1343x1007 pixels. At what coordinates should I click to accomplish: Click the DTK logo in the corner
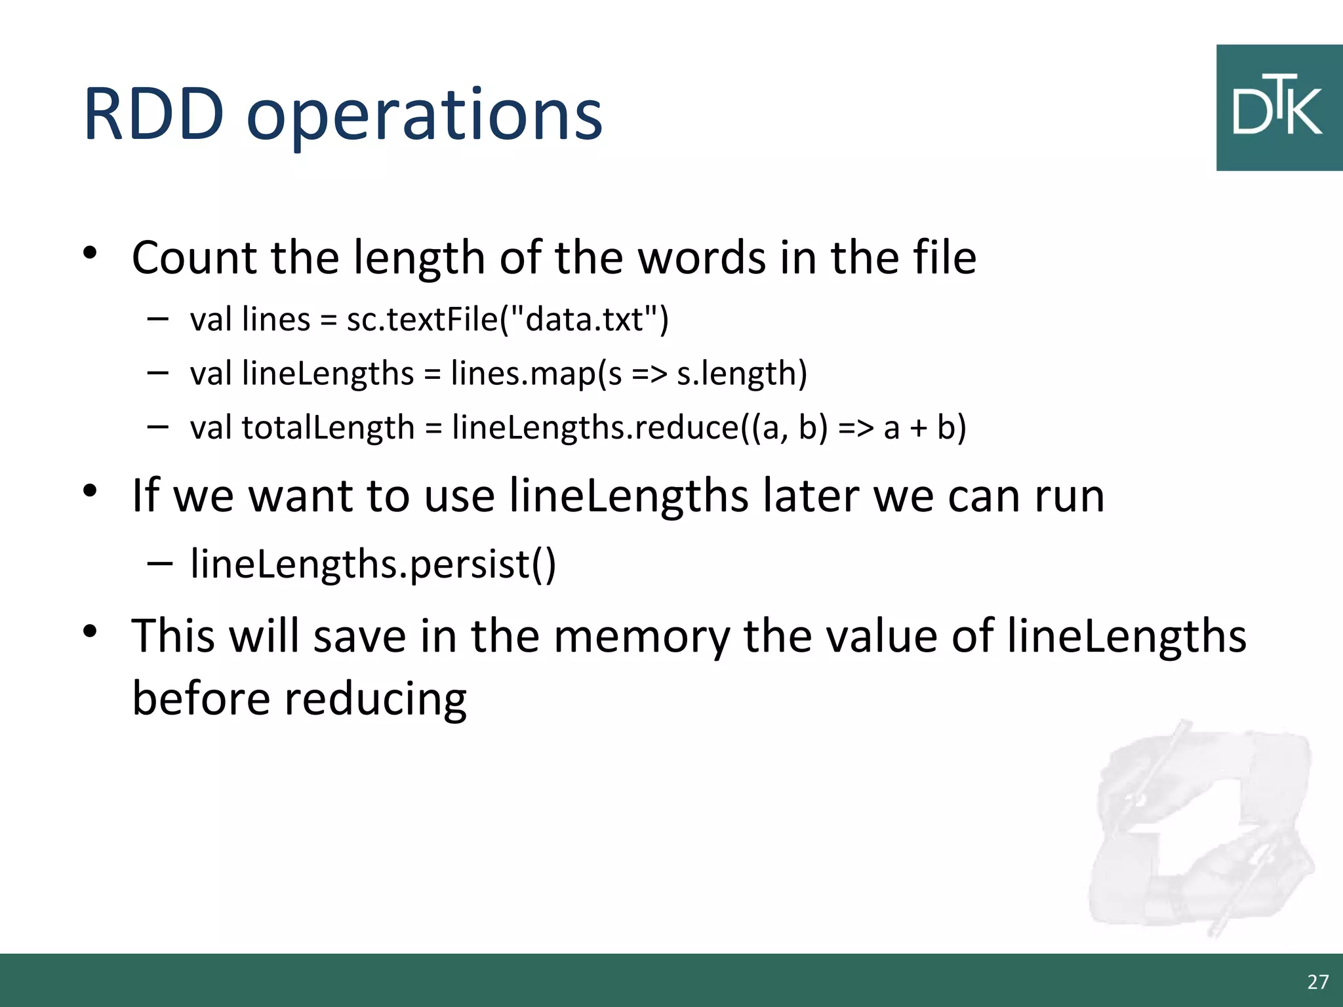pyautogui.click(x=1279, y=108)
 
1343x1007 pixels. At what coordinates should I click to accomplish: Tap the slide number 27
pyautogui.click(x=1317, y=981)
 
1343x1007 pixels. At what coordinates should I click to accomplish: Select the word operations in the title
pyautogui.click(x=424, y=117)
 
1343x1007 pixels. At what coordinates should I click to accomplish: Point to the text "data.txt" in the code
pyautogui.click(x=584, y=320)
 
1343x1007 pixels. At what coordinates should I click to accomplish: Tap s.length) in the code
pyautogui.click(x=742, y=374)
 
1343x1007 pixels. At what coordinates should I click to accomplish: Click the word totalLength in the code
pyautogui.click(x=328, y=427)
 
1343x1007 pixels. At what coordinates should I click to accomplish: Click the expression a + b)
pyautogui.click(x=925, y=427)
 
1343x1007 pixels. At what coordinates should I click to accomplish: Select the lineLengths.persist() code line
pyautogui.click(x=373, y=564)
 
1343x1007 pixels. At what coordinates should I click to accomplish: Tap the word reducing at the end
pyautogui.click(x=375, y=698)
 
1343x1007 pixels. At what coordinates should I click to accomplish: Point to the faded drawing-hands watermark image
pyautogui.click(x=1200, y=829)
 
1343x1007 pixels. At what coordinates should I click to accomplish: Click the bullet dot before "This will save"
pyautogui.click(x=90, y=631)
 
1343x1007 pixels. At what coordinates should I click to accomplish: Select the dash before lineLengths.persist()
pyautogui.click(x=159, y=563)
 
